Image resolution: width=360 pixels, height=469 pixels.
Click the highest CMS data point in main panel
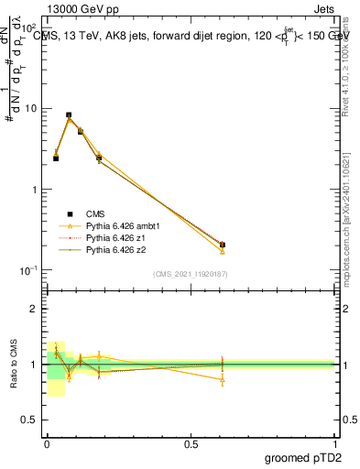70,115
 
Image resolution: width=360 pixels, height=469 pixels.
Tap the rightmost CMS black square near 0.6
223,245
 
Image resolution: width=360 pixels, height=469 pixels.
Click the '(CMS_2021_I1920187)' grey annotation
190,274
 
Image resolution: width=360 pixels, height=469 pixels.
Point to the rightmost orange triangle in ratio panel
223,379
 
